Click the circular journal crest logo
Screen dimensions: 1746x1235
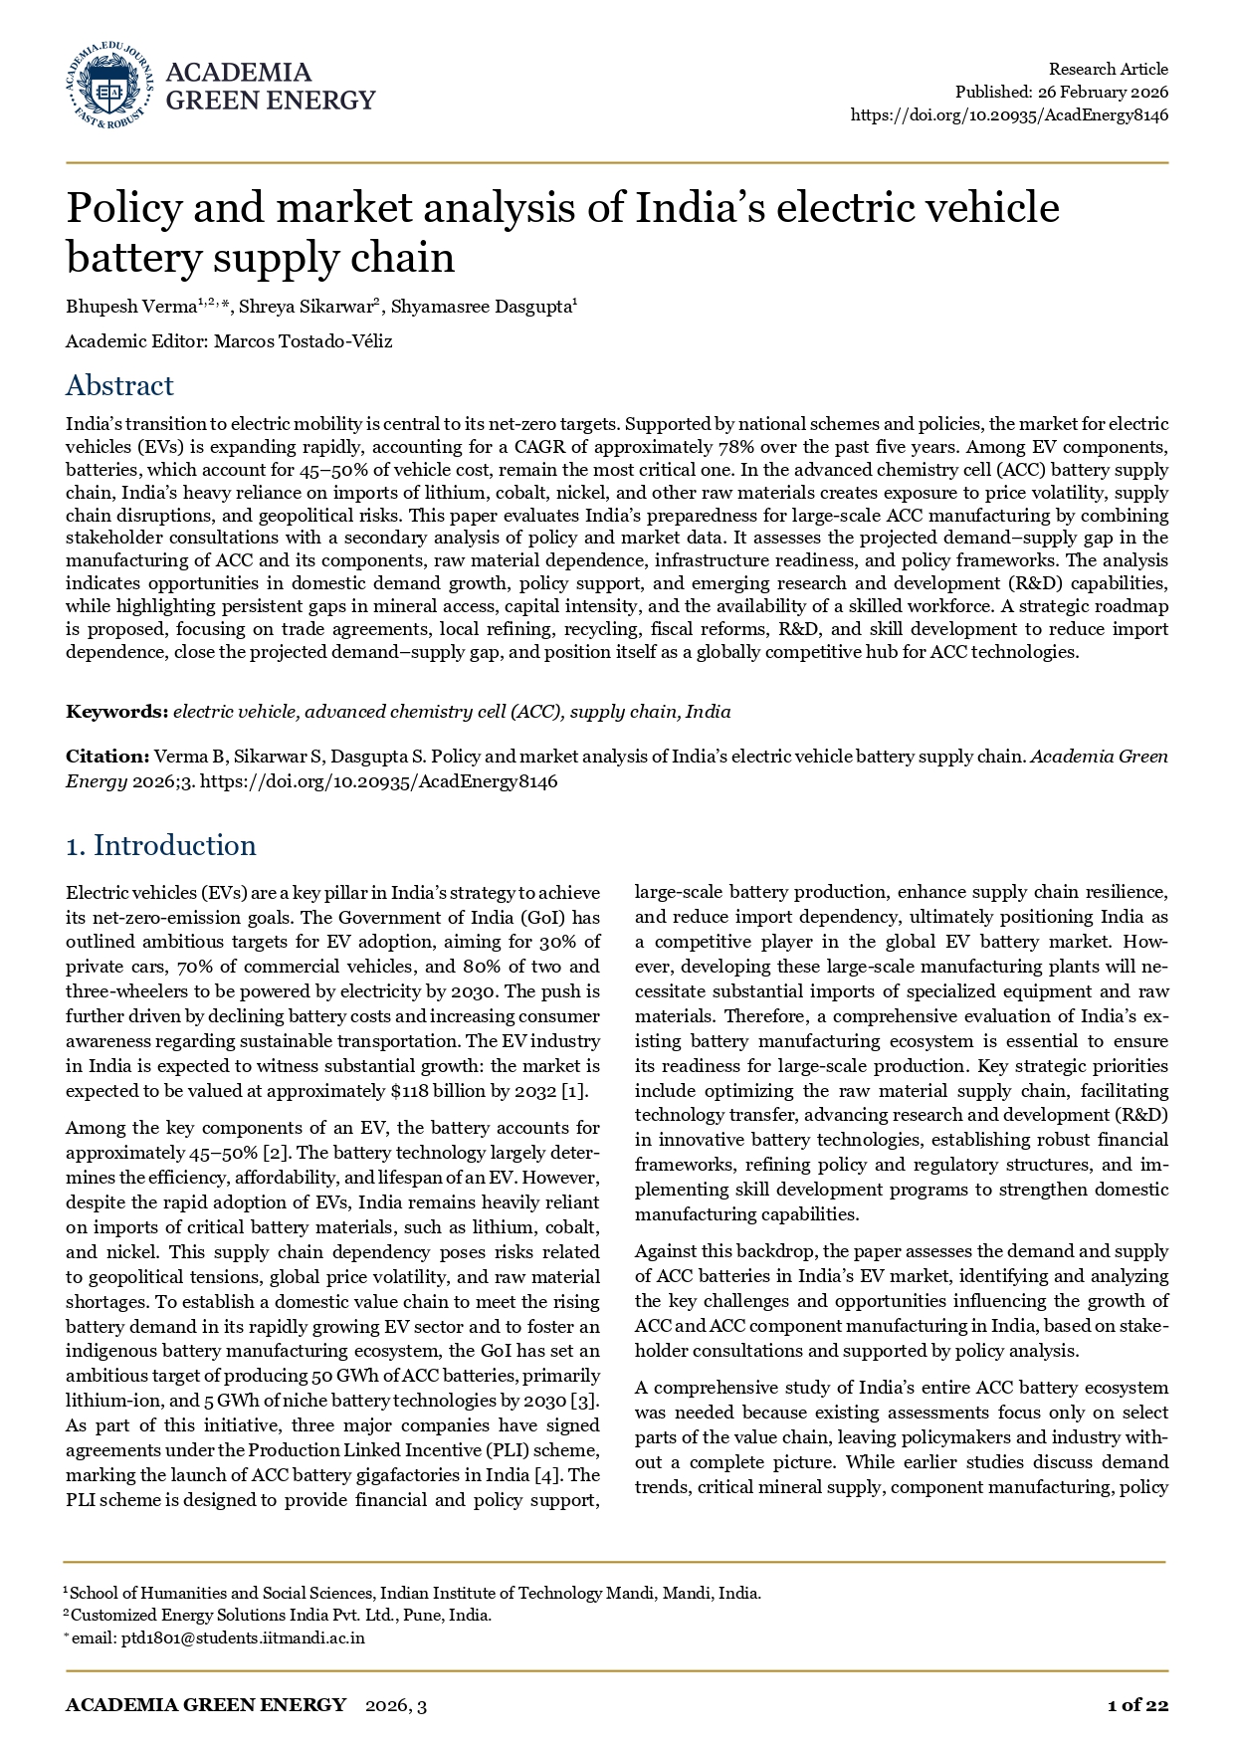coord(109,86)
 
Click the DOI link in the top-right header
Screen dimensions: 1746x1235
coord(1009,115)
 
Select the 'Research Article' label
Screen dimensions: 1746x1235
coord(1108,69)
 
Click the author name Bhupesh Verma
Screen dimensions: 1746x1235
coord(131,307)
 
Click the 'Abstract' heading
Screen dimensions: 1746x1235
coord(119,385)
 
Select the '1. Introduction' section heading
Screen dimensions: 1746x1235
coord(160,845)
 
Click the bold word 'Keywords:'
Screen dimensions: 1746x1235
coord(116,712)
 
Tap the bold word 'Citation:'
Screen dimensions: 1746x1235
coord(107,757)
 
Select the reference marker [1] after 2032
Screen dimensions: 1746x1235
coord(574,1091)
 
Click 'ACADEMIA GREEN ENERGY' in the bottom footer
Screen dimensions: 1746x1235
coord(206,1705)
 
